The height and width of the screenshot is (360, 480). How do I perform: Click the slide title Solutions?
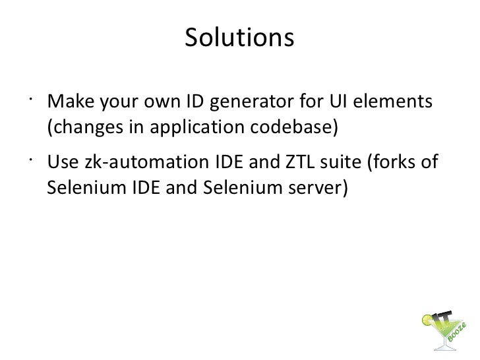tap(238, 38)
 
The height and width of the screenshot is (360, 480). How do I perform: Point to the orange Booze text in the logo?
tap(460, 336)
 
